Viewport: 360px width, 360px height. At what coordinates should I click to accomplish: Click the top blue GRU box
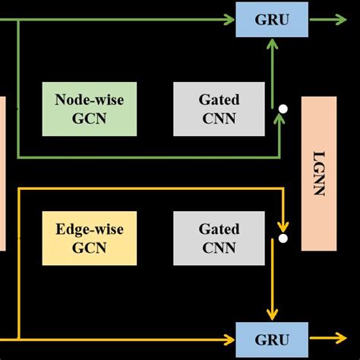coord(272,19)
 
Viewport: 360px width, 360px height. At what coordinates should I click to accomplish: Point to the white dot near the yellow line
coord(283,238)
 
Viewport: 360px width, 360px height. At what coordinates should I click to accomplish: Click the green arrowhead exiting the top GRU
coord(342,19)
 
